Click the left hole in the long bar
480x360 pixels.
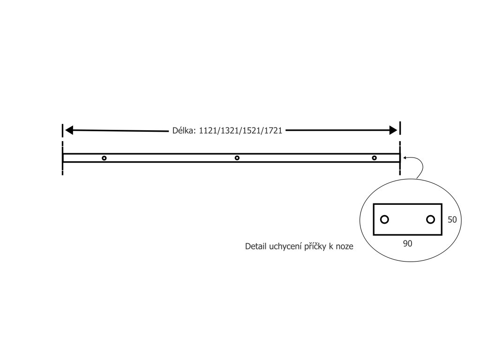coord(104,158)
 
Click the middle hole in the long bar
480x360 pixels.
coord(237,158)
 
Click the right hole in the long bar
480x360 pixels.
coord(374,158)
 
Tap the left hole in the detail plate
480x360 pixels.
coord(384,219)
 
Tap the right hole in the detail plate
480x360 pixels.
coord(430,219)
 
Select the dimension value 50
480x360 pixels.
coord(452,219)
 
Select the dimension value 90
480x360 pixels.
coord(407,244)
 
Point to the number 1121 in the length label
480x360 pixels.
coord(208,131)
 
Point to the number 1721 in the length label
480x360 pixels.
coord(273,131)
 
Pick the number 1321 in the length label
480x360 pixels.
coord(229,131)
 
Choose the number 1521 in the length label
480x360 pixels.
coord(251,131)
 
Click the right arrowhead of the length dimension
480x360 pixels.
coord(394,130)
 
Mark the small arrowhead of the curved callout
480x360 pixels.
coord(405,158)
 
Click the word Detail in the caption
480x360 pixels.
coord(256,247)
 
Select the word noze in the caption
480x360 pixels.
coord(345,247)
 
